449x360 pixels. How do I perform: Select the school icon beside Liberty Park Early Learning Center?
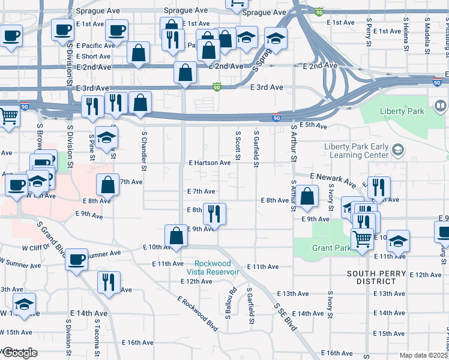(x=397, y=149)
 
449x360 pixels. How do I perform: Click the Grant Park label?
(x=331, y=248)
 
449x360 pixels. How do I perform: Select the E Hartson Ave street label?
(x=209, y=163)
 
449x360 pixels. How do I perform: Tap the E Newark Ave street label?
(x=334, y=179)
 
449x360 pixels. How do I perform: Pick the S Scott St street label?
(x=238, y=146)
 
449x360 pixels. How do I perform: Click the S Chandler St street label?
(x=144, y=150)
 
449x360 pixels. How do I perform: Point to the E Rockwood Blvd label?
(x=197, y=312)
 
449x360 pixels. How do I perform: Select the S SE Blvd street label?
(x=286, y=317)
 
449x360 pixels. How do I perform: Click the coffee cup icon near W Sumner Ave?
(x=76, y=260)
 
